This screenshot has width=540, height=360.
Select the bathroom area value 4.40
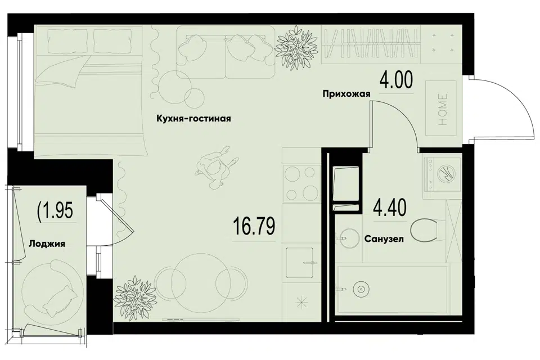[x=390, y=208]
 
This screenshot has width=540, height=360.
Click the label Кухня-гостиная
[x=193, y=119]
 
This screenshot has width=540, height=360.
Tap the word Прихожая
[x=346, y=94]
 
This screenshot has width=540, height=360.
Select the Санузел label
[x=384, y=238]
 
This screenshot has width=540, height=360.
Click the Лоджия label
[x=47, y=244]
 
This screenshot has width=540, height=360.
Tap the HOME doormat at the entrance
[x=441, y=109]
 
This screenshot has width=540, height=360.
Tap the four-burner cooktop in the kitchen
[x=300, y=183]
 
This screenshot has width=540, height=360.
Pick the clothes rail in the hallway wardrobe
[x=371, y=44]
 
